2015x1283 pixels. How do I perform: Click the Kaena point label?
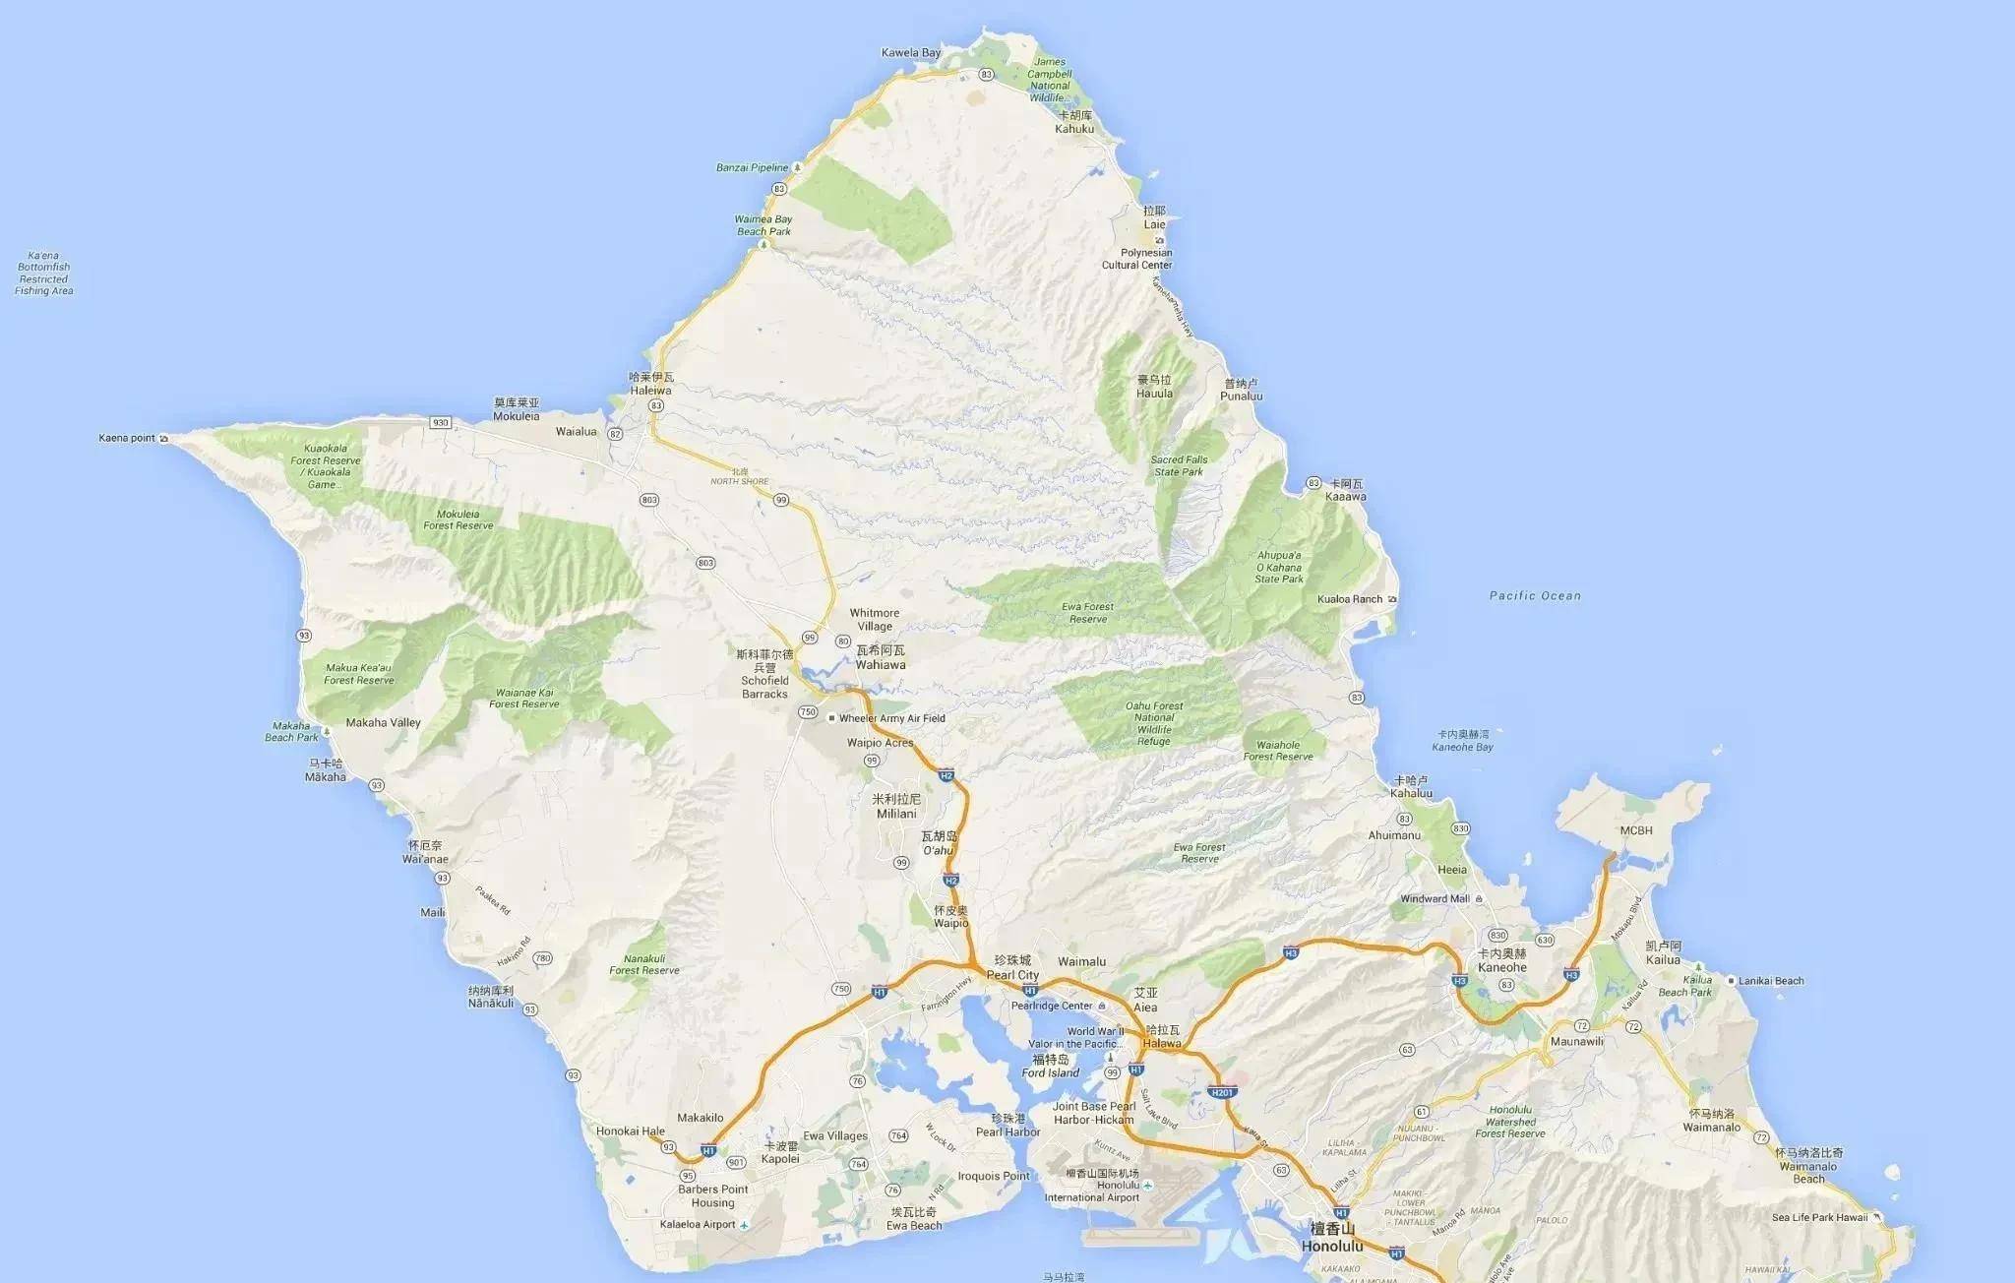click(x=127, y=438)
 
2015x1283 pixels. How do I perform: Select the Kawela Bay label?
click(x=911, y=53)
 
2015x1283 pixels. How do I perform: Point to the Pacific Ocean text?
click(x=1535, y=595)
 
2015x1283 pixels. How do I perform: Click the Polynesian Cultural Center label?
click(x=1136, y=259)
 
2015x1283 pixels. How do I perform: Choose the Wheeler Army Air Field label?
click(x=891, y=718)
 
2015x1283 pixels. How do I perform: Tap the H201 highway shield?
click(x=1221, y=1092)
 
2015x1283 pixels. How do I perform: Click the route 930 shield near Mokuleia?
click(x=440, y=423)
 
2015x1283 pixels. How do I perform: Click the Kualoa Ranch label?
click(x=1350, y=599)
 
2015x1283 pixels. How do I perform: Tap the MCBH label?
click(x=1636, y=830)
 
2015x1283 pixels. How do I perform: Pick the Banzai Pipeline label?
click(x=752, y=168)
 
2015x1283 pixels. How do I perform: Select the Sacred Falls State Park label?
click(x=1179, y=465)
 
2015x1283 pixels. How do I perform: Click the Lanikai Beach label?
click(x=1771, y=981)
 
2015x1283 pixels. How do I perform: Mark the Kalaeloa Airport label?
click(x=698, y=1225)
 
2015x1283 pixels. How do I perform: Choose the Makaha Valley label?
click(x=383, y=722)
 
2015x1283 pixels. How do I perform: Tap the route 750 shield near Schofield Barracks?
click(x=808, y=711)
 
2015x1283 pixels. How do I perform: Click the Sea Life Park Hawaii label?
click(x=1819, y=1217)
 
